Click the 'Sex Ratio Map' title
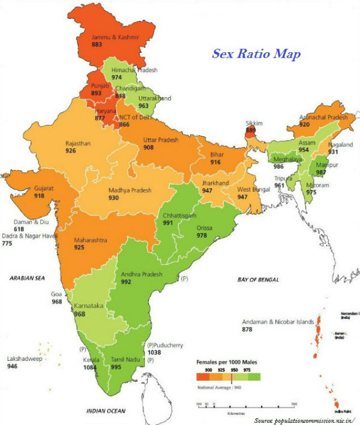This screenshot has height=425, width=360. click(x=256, y=53)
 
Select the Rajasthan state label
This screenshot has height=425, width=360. click(x=79, y=143)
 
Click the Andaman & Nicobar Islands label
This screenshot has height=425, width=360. click(x=278, y=322)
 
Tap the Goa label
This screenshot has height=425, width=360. click(x=57, y=294)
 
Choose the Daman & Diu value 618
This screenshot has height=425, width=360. click(x=20, y=229)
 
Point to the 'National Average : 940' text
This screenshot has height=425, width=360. click(x=223, y=388)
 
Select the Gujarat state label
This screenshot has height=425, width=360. click(x=44, y=188)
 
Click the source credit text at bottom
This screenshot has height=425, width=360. click(x=305, y=420)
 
